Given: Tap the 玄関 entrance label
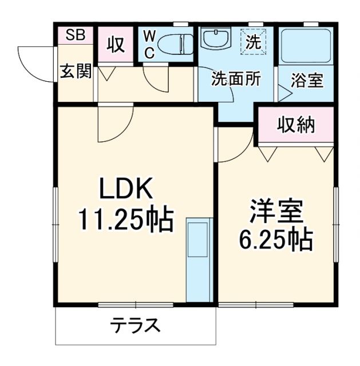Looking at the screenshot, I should [x=76, y=71].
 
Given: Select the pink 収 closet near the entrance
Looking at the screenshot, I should [x=115, y=45].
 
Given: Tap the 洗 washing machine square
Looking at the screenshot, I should [x=252, y=41].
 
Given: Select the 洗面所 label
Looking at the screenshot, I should [x=235, y=79].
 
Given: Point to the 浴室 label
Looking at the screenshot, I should [x=307, y=80].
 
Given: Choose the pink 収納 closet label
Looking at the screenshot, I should [x=296, y=125].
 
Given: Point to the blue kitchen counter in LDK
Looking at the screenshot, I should [x=199, y=260].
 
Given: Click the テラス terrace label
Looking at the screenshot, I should [x=135, y=327].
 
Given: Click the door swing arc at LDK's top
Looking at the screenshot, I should [x=113, y=126].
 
